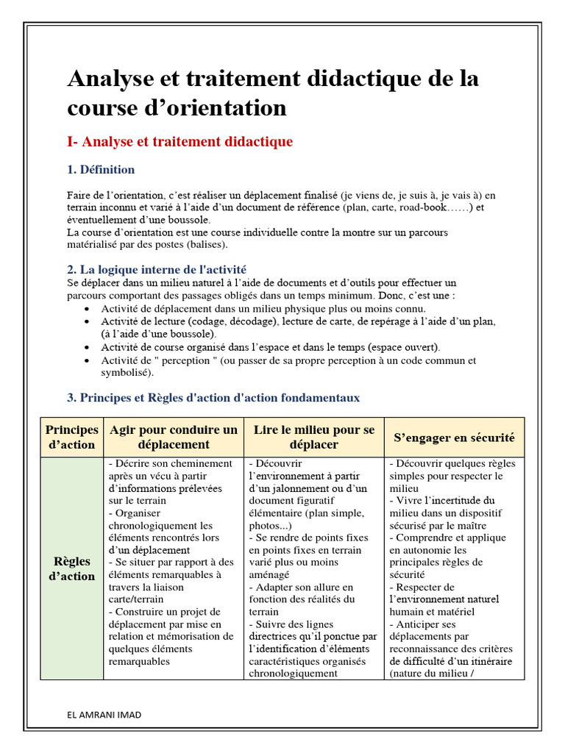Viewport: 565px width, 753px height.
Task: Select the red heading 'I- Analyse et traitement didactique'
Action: click(180, 142)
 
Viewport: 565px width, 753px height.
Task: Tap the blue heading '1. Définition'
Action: click(101, 170)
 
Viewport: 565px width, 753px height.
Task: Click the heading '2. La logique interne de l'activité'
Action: click(161, 270)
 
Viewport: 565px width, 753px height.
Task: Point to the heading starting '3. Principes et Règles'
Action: click(213, 398)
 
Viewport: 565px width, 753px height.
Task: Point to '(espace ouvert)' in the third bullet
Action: click(403, 347)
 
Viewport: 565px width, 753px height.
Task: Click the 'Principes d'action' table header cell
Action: click(71, 437)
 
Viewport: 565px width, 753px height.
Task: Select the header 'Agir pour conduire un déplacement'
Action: click(174, 437)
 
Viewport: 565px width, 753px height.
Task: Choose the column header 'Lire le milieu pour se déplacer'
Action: click(314, 437)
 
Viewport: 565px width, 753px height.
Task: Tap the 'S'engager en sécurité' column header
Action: click(454, 438)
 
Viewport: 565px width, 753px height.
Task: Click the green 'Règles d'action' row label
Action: click(71, 569)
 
